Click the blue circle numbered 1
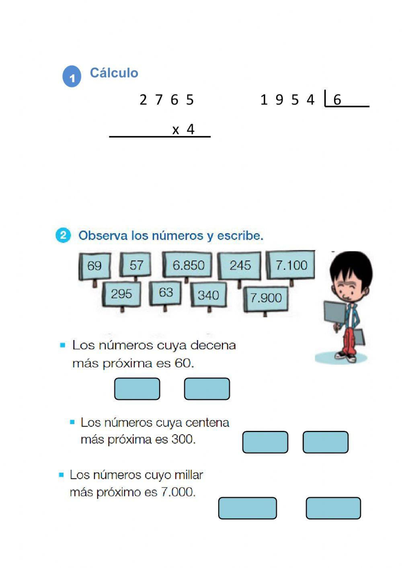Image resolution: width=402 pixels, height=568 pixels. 72,76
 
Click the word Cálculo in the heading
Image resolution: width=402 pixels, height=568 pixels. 114,73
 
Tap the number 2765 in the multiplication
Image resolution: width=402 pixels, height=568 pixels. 166,100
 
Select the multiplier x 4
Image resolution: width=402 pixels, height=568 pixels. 183,129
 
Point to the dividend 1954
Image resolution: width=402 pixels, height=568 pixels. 287,100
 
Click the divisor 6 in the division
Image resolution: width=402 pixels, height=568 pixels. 337,100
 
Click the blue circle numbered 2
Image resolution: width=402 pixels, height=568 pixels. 63,235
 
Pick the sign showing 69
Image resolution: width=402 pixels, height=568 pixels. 94,266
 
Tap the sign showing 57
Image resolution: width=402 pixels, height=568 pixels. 136,265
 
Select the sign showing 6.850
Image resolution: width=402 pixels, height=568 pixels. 188,265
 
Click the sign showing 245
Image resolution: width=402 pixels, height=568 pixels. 240,265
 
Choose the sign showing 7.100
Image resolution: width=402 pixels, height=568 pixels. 291,265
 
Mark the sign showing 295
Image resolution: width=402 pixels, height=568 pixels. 121,294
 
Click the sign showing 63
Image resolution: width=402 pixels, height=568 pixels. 165,293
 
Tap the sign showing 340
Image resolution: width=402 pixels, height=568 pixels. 208,295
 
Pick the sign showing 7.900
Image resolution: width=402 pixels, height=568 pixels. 266,298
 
